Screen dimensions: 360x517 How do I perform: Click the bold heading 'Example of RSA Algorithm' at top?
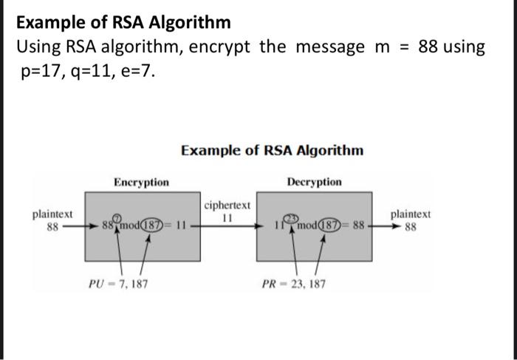(123, 22)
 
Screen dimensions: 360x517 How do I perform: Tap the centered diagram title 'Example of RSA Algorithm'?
(272, 151)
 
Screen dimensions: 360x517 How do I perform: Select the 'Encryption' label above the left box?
(141, 182)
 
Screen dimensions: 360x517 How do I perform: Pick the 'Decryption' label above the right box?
(313, 182)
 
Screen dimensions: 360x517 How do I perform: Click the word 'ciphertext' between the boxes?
(227, 205)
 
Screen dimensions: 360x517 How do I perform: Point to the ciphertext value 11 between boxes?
(227, 218)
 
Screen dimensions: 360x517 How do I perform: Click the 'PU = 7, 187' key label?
(117, 283)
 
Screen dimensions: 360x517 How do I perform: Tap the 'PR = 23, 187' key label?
(292, 283)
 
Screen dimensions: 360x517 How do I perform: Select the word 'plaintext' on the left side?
(52, 214)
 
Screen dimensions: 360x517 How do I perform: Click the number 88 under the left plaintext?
(52, 227)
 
